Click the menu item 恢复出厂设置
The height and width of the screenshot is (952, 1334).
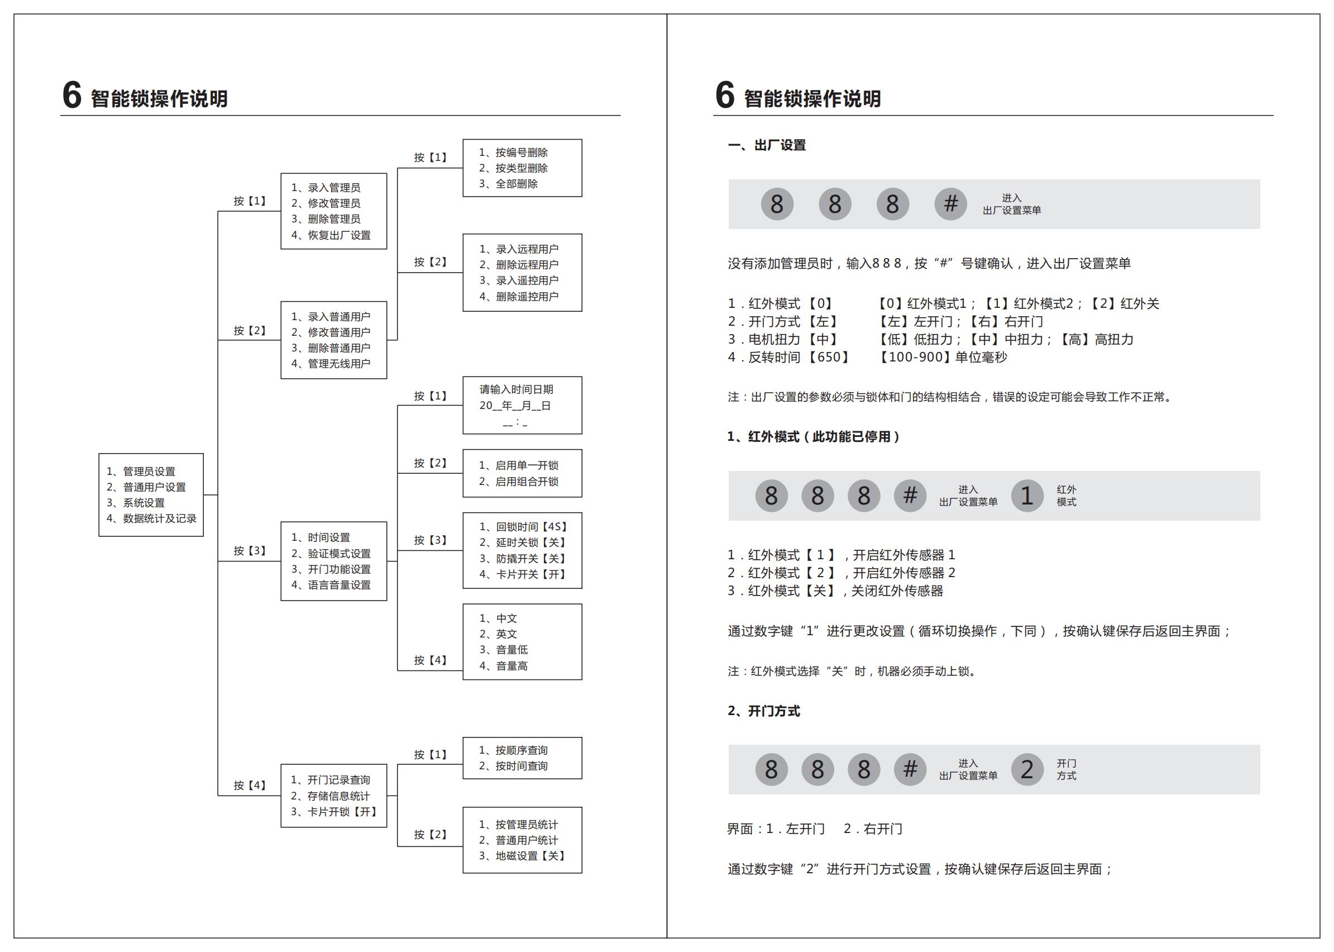pos(331,235)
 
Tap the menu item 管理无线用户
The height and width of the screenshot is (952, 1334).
pos(331,364)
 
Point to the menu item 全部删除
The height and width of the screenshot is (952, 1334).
pos(509,184)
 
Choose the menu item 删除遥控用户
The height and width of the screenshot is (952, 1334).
pos(519,297)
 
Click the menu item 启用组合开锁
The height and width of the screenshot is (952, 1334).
pos(519,482)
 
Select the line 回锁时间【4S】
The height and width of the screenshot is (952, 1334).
pos(523,527)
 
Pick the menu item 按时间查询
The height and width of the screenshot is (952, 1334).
pos(513,766)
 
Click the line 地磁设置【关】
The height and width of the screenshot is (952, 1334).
pos(522,856)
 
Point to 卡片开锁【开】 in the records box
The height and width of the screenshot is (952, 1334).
pos(334,812)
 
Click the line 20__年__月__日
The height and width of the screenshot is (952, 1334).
pos(515,406)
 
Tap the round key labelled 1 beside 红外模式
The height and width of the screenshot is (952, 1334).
pos(1026,496)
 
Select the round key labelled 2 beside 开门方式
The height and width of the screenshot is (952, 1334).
pos(1026,770)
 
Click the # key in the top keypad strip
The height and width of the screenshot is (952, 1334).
pos(950,204)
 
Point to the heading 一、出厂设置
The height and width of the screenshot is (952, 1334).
pos(767,145)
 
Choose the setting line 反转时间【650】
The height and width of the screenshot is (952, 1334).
pos(787,358)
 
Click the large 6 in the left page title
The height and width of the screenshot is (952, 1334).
pos(72,95)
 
